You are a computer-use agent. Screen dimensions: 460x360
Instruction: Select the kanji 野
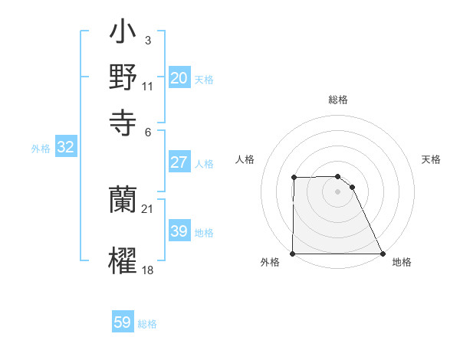(x=123, y=77)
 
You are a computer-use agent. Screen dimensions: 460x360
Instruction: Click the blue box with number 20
(x=179, y=77)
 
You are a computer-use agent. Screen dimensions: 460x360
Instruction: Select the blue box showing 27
(x=179, y=162)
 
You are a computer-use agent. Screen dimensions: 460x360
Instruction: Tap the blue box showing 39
(x=179, y=231)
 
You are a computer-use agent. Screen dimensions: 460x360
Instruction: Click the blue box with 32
(x=65, y=148)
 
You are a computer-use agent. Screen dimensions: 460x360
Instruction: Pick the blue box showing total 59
(x=123, y=322)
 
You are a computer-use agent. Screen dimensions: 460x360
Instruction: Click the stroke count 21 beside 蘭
(x=148, y=208)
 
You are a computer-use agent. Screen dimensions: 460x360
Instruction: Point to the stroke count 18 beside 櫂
(x=148, y=270)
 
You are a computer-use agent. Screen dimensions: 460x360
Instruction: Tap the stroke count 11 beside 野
(x=148, y=87)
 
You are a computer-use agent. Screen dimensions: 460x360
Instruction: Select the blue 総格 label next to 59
(x=147, y=324)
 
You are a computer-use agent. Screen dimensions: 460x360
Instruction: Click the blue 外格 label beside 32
(x=41, y=149)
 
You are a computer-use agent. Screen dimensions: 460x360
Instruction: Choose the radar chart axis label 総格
(x=338, y=100)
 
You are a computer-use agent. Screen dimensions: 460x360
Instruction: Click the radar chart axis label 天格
(x=431, y=159)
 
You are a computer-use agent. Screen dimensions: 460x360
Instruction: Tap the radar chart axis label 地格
(x=402, y=263)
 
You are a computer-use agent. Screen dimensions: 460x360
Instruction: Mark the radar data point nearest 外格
(x=293, y=254)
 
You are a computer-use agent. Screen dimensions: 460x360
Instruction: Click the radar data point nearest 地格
(x=383, y=254)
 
